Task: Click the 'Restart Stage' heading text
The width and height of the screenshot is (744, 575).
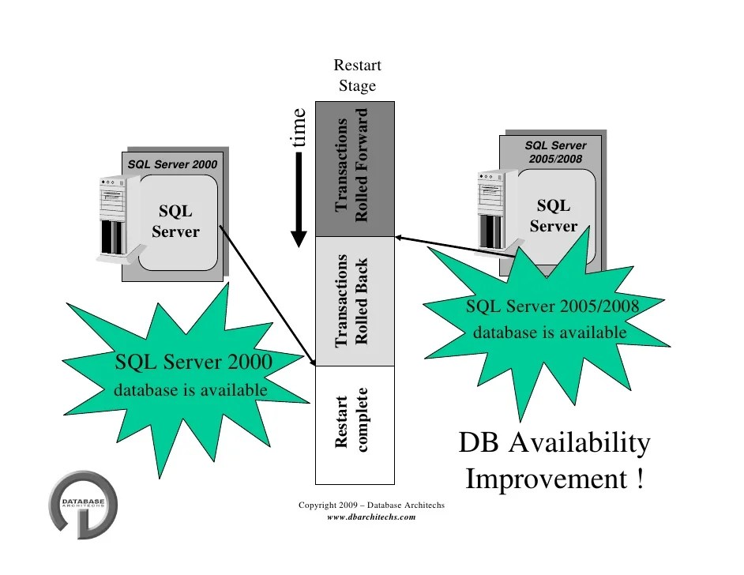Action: tap(357, 76)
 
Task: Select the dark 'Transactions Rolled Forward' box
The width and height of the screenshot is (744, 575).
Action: tap(354, 169)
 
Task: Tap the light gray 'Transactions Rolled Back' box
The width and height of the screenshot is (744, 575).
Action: tap(354, 302)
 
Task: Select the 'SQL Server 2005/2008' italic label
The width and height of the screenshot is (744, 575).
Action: tap(555, 152)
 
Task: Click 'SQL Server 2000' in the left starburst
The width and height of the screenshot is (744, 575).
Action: tap(194, 363)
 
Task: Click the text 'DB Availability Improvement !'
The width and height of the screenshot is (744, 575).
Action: tap(554, 460)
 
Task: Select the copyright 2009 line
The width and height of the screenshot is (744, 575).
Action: tap(371, 504)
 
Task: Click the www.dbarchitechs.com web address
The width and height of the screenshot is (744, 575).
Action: tap(371, 517)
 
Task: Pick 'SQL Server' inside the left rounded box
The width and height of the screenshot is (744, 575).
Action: tap(175, 221)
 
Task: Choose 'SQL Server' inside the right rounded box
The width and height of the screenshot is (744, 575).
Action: tap(553, 216)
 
